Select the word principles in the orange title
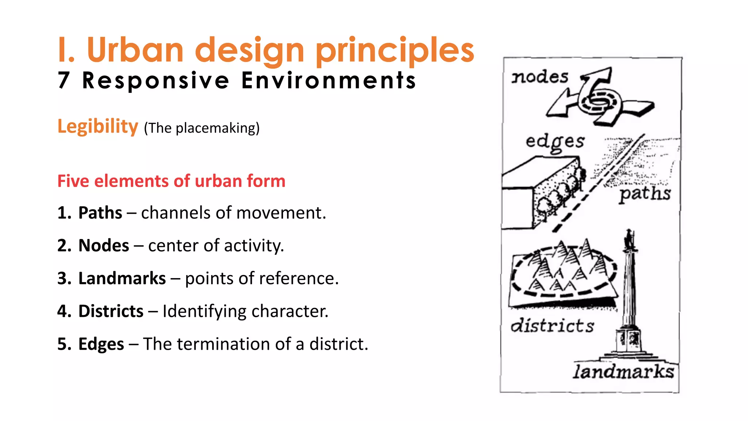(x=394, y=51)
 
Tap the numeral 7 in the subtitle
(x=64, y=80)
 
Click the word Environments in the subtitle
(x=328, y=80)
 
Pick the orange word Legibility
(x=98, y=127)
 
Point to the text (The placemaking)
(x=202, y=128)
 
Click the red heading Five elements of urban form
(x=171, y=181)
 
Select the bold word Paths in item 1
(x=100, y=213)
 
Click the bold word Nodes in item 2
(x=104, y=245)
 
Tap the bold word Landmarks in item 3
(x=122, y=278)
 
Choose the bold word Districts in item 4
(x=111, y=311)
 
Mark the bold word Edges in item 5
(x=101, y=344)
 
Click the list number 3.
(x=64, y=278)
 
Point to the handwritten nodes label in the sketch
(x=539, y=77)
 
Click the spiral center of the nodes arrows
(x=598, y=100)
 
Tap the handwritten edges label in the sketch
(x=555, y=142)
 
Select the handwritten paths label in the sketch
(x=645, y=193)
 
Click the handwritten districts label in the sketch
(x=552, y=325)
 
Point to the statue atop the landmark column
(x=629, y=239)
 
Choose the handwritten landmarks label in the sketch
(x=623, y=372)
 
